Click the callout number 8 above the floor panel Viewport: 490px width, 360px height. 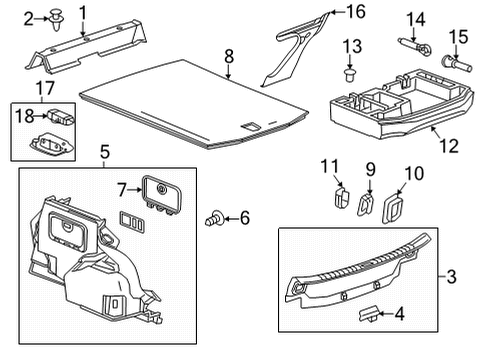pos(228,56)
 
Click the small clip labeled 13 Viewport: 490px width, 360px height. pos(349,74)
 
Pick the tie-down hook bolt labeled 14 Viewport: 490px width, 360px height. pos(416,46)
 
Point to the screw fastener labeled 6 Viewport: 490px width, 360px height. pos(213,217)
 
